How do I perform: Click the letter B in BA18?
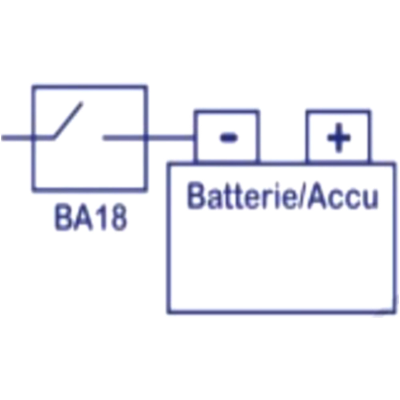point(64,217)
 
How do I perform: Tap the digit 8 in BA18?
point(119,217)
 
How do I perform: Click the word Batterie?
point(242,196)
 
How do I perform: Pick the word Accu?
point(343,196)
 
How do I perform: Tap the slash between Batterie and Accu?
point(302,196)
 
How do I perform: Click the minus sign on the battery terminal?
point(229,138)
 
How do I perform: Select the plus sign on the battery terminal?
point(339,138)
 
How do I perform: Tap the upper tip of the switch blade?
point(81,103)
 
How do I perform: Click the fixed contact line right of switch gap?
point(124,138)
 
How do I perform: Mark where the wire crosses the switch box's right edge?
point(146,138)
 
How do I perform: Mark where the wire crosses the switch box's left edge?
point(33,138)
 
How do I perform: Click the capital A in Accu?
point(317,196)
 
